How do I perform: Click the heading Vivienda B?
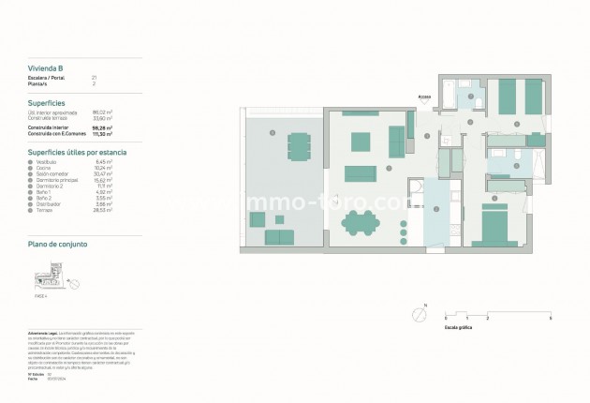click(46, 68)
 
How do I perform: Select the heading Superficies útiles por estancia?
click(78, 151)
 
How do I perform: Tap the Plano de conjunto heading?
click(58, 243)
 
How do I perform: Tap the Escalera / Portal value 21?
click(94, 77)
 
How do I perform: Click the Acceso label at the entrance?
click(424, 95)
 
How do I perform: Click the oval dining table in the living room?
click(360, 223)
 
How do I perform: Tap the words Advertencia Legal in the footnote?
click(44, 333)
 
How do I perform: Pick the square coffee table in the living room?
click(360, 142)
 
